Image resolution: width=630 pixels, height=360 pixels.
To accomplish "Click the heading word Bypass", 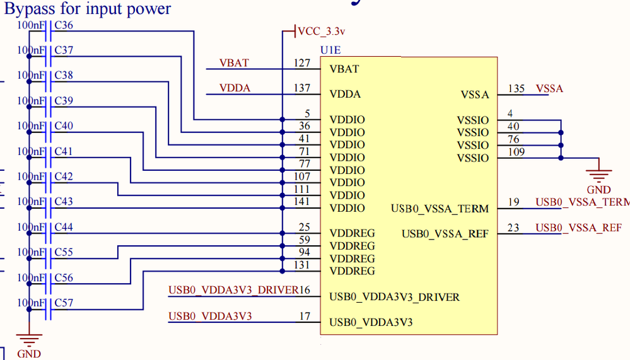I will coord(32,9).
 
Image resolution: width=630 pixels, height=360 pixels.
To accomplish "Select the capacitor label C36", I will coord(64,25).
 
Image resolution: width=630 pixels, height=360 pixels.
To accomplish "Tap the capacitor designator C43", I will coord(64,202).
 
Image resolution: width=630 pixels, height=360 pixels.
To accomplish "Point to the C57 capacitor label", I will coord(64,303).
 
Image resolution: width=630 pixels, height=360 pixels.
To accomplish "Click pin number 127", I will coord(302,63).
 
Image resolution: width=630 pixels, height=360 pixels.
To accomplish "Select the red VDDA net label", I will coord(235,88).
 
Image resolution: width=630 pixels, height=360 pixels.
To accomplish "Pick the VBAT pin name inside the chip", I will coord(344,69).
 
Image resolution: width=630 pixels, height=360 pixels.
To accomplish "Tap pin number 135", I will coord(516,89).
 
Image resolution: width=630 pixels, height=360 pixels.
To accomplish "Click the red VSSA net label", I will coord(549,89).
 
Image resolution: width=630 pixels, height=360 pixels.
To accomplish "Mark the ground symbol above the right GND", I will coord(598,172).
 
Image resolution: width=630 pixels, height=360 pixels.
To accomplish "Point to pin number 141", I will coord(302,202).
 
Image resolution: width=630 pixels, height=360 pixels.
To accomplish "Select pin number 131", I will coord(302,265).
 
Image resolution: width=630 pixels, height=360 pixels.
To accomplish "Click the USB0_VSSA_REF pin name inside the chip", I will coord(445,234).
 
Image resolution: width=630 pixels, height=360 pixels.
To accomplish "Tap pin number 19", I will coord(513,202).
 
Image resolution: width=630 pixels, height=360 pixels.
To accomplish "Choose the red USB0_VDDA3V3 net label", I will coord(210,316).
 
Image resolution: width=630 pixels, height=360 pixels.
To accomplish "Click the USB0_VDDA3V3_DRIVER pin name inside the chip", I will coord(395,297).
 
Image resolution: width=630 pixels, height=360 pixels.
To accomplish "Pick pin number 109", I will coord(516,152).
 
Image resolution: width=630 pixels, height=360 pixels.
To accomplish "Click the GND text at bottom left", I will coord(29,354).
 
